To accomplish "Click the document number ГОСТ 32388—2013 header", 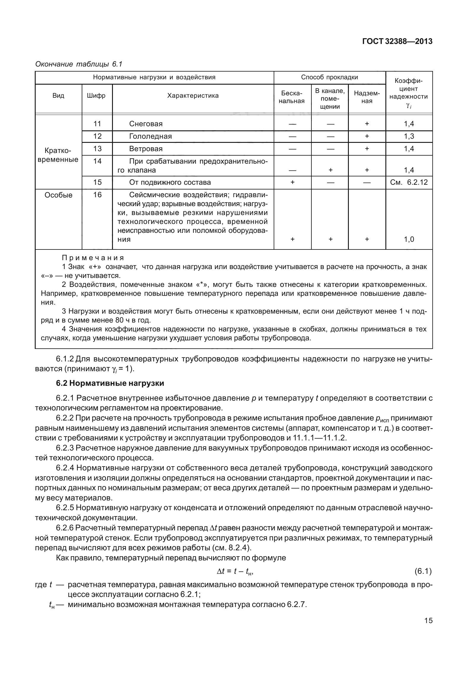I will pyautogui.click(x=397, y=42).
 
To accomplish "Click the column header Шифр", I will pyautogui.click(x=97, y=96).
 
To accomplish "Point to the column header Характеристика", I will pyautogui.click(x=193, y=96).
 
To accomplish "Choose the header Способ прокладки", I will pyautogui.click(x=329, y=78).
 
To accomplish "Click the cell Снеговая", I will pyautogui.click(x=146, y=124).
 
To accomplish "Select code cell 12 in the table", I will pyautogui.click(x=97, y=136).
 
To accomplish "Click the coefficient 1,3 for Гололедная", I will pyautogui.click(x=409, y=136).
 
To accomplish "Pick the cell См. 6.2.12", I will pyautogui.click(x=409, y=182).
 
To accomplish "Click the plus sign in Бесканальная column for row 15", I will pyautogui.click(x=292, y=182).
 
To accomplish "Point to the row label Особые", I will pyautogui.click(x=59, y=195).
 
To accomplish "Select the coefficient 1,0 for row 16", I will pyautogui.click(x=409, y=239).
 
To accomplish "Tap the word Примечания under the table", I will pyautogui.click(x=93, y=258).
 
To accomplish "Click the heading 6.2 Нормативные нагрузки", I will pyautogui.click(x=110, y=383).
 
